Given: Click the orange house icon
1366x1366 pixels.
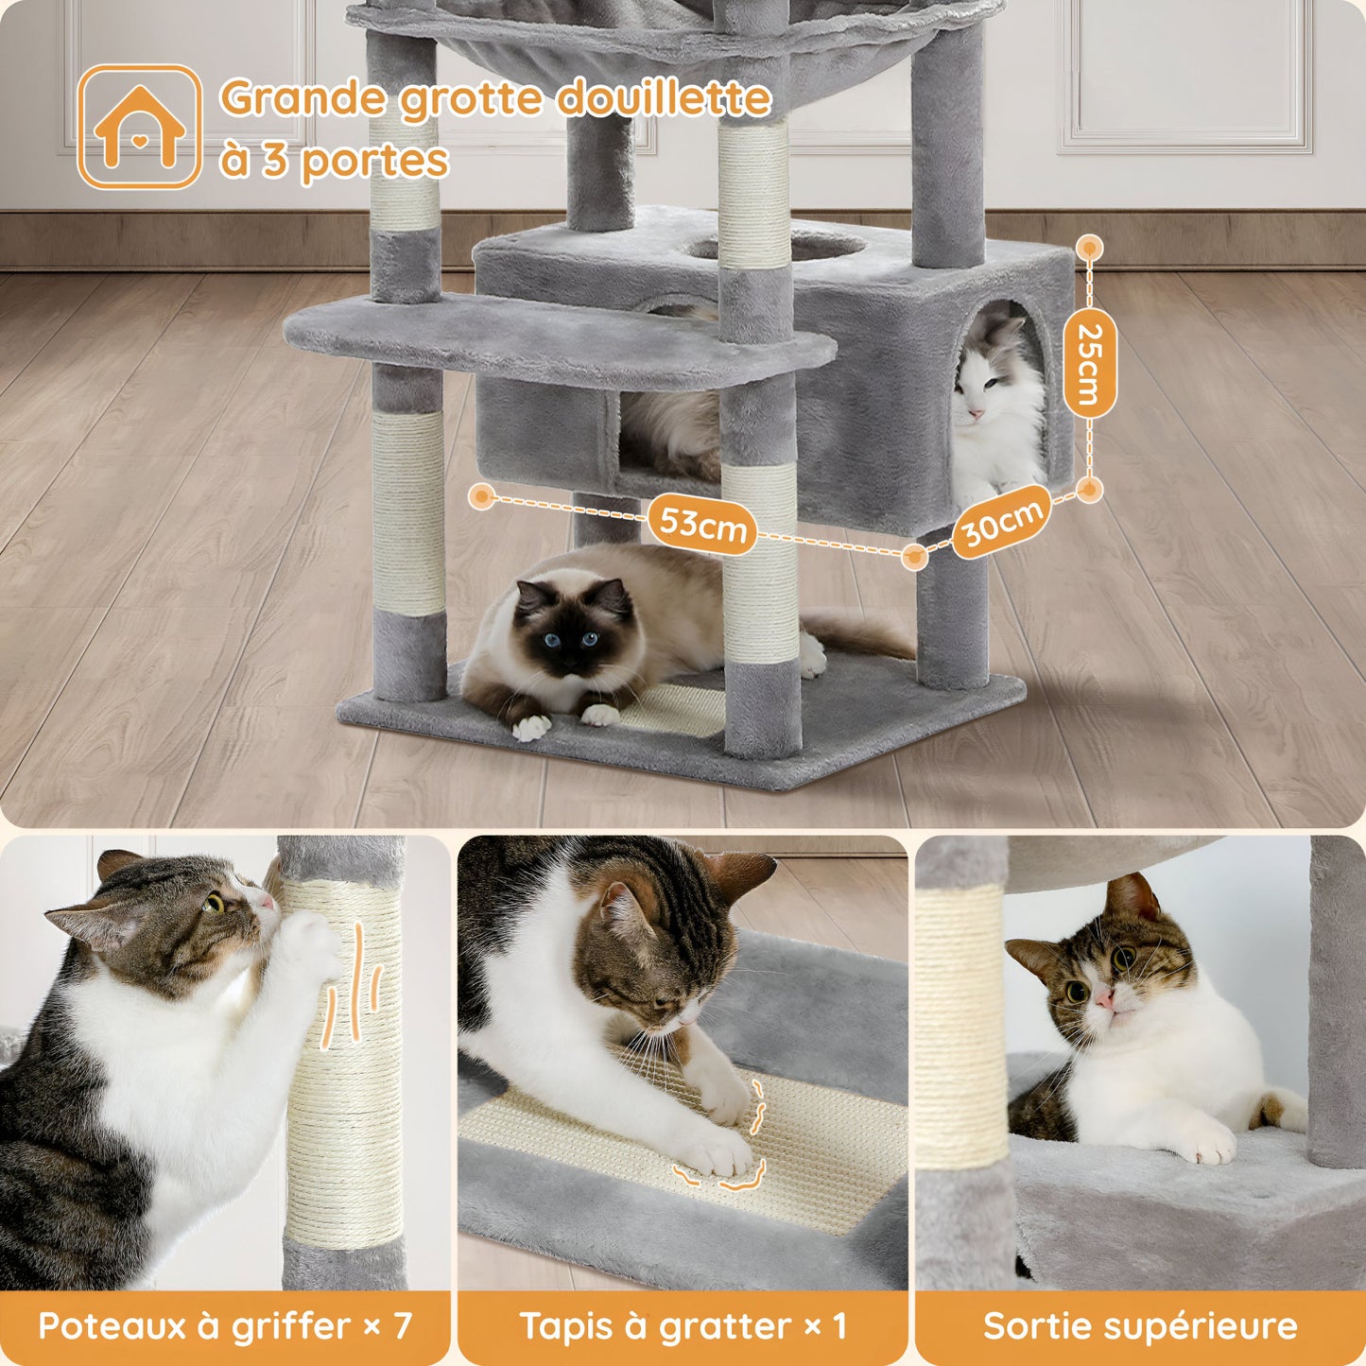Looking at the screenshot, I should (139, 127).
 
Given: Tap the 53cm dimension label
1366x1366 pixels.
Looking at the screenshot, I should (701, 522).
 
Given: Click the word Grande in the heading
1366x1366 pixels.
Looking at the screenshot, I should (304, 98).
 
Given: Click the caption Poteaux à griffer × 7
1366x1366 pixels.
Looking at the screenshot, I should (225, 1325).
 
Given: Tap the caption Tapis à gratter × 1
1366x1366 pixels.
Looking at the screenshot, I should (683, 1325).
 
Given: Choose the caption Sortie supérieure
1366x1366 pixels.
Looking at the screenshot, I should (1140, 1325).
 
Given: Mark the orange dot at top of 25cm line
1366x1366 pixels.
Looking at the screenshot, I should (1090, 249).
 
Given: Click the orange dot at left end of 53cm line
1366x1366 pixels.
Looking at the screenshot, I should (482, 496).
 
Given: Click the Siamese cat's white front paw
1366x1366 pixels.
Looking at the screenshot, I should (532, 727).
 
